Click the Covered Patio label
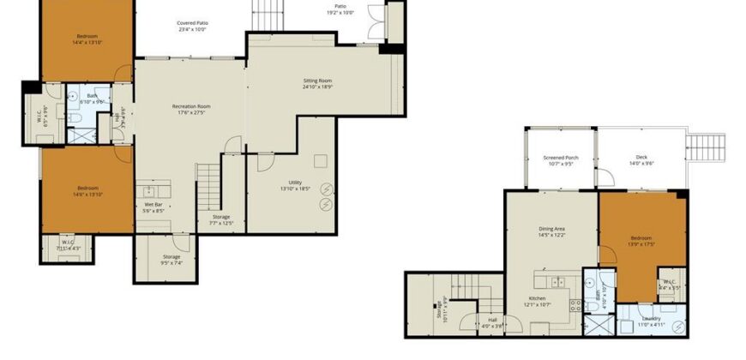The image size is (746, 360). pyautogui.click(x=192, y=23)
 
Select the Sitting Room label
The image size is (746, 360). pyautogui.click(x=317, y=80)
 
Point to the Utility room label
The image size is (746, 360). pyautogui.click(x=294, y=183)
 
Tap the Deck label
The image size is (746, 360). pyautogui.click(x=641, y=157)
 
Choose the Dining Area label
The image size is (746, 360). pyautogui.click(x=551, y=229)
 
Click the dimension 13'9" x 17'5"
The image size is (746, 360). pyautogui.click(x=641, y=244)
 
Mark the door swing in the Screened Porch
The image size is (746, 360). pyautogui.click(x=605, y=178)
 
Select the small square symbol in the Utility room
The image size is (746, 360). pyautogui.click(x=320, y=160)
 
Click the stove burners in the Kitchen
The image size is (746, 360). pyautogui.click(x=558, y=281)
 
